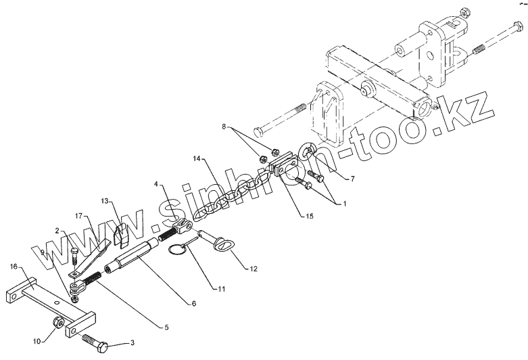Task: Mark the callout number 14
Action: [196, 159]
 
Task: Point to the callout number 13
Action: [105, 202]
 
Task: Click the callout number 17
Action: [78, 217]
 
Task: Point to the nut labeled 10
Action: [58, 320]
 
